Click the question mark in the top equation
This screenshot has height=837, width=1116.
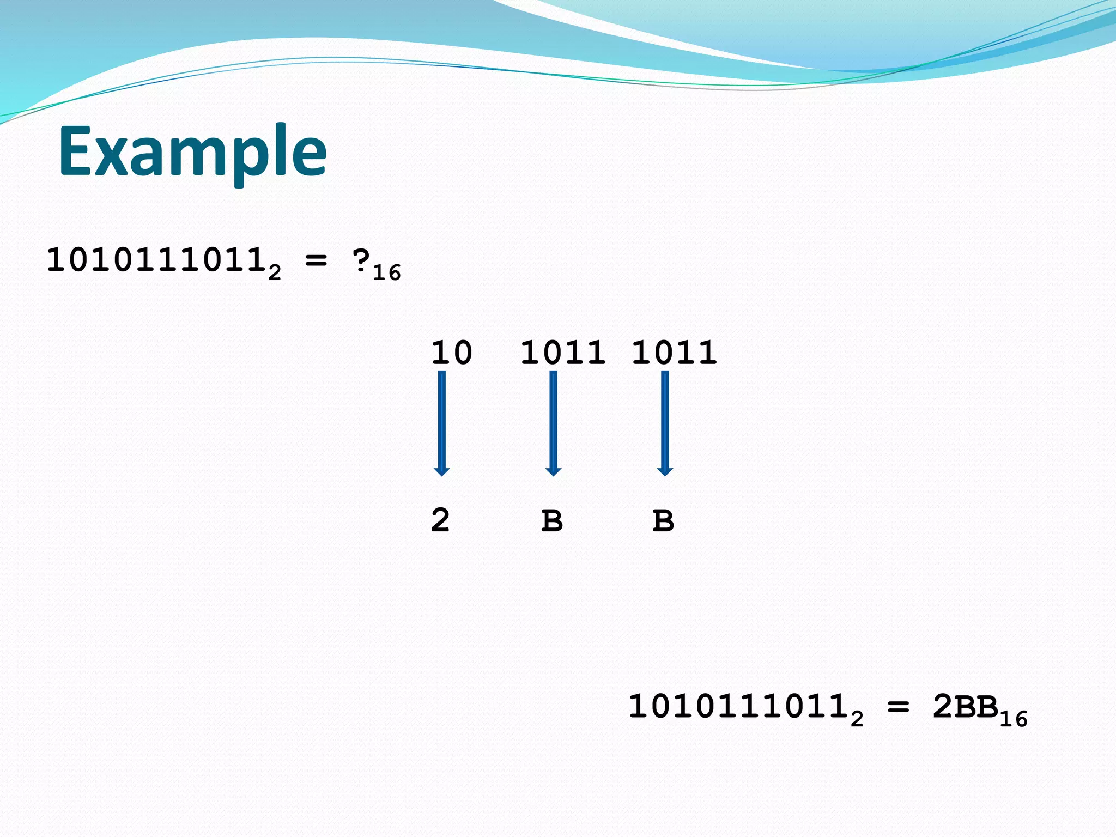(361, 261)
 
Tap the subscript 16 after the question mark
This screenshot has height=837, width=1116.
(387, 272)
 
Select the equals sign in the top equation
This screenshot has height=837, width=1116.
(316, 261)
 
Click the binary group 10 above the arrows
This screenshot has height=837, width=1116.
(451, 353)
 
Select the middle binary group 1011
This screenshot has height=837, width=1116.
(563, 353)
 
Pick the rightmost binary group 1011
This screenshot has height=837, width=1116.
(674, 353)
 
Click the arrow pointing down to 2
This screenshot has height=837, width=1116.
(442, 423)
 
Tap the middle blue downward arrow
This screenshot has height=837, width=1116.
(554, 423)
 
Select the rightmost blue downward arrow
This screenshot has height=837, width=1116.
(665, 423)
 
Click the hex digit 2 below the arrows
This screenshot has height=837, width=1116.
(440, 520)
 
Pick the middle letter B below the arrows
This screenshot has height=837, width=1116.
(552, 520)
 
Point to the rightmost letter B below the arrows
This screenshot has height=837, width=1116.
(663, 520)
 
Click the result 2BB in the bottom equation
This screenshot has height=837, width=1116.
(965, 707)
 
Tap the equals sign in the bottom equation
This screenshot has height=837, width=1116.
(898, 707)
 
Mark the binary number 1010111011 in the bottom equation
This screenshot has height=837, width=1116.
(738, 707)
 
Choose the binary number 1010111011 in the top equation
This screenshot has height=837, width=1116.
(156, 261)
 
